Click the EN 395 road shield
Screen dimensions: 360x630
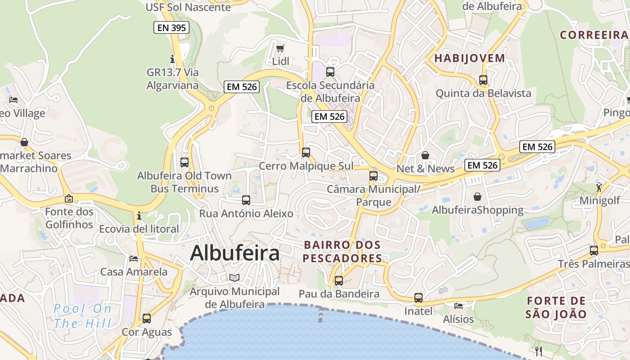coord(171,28)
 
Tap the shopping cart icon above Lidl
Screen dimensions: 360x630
coord(280,48)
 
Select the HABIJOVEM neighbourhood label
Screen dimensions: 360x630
coord(469,58)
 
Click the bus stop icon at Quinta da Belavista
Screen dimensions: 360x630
coord(483,80)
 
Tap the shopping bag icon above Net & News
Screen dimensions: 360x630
coord(425,155)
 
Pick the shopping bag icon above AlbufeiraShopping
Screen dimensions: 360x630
coord(477,197)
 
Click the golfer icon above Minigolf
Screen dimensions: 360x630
coord(599,187)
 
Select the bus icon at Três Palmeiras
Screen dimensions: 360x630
coord(594,250)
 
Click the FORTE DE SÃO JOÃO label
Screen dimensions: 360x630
coord(556,307)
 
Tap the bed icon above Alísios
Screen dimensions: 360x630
coord(459,306)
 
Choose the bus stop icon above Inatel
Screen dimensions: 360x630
coord(418,298)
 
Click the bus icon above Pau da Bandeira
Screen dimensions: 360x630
coord(339,281)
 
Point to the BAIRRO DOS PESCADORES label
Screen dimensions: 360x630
coord(342,252)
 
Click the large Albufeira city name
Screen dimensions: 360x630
coord(234,253)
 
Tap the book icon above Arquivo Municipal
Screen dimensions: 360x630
coord(234,278)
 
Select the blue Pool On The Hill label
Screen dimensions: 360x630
coord(82,315)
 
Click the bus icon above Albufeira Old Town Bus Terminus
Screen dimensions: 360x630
coord(184,162)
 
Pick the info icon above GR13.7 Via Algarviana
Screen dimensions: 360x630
coord(172,59)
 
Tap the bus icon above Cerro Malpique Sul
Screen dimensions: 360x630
coord(306,153)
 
